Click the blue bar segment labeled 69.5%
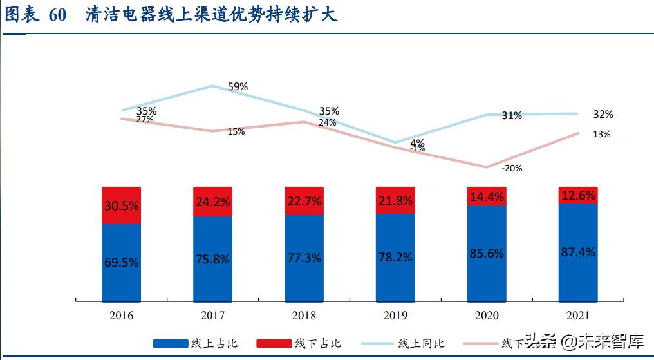(122, 262)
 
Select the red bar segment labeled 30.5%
(122, 205)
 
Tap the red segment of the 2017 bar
(213, 202)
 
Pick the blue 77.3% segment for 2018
(304, 258)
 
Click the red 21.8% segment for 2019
(395, 200)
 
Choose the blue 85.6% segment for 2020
(487, 253)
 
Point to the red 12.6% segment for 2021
(578, 195)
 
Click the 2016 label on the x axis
(122, 315)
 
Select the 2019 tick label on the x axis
(395, 315)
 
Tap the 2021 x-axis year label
(578, 315)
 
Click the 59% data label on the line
(238, 86)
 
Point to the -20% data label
(512, 168)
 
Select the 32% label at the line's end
(603, 115)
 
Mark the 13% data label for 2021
(602, 134)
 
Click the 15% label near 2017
(236, 131)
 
